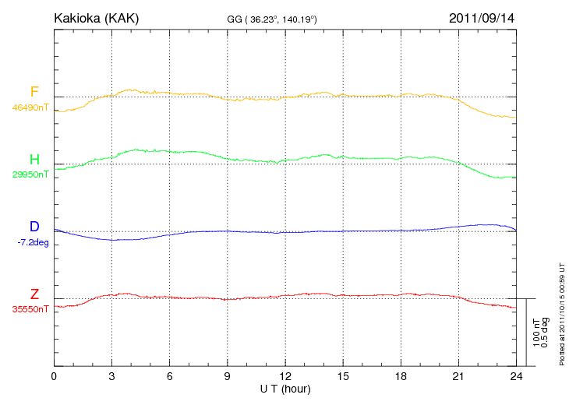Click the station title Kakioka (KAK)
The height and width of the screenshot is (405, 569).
96,18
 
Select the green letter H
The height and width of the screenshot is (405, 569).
34,160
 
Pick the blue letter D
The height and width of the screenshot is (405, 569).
34,227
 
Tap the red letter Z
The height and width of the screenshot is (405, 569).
34,294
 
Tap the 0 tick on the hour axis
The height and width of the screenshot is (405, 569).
54,375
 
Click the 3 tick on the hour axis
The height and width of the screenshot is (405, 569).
111,375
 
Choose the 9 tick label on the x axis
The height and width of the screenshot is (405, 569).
228,375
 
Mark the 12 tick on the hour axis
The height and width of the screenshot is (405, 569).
285,375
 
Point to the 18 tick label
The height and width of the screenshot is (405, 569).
401,375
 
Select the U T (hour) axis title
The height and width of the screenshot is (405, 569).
285,388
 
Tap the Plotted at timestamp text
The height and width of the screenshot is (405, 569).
562,312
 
